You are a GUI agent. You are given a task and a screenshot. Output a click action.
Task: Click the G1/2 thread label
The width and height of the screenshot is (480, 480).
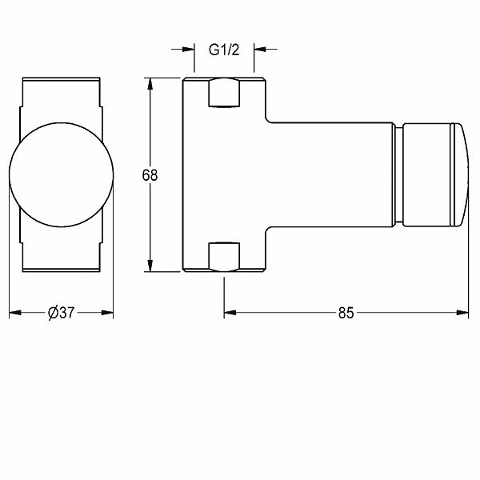coord(224,50)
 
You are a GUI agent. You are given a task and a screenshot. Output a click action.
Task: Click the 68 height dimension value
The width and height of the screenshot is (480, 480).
coord(150,175)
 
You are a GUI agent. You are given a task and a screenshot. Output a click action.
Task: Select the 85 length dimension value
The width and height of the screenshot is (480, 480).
coord(346,313)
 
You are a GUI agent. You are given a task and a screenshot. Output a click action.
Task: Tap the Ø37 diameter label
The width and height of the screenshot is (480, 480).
coord(62,313)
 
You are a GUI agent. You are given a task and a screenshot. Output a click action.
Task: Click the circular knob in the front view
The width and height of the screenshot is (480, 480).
coord(62,175)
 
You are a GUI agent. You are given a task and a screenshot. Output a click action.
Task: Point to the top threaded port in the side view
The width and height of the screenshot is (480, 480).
coord(224,93)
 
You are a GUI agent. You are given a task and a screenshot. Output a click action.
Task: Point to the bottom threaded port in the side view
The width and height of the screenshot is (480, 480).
coord(224,257)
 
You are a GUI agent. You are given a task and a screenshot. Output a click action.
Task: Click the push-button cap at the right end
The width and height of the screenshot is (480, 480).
coord(435,174)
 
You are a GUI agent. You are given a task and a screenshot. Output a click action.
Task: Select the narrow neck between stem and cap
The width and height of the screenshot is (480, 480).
coord(399,174)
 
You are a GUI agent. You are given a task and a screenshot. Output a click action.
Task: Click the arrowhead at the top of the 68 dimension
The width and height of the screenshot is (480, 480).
coord(150,84)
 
